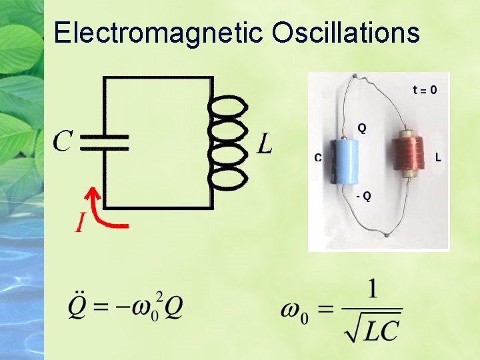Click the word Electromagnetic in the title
click(160, 33)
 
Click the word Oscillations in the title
click(346, 33)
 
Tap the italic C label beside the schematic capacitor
click(63, 140)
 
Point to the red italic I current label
click(79, 223)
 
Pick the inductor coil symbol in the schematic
click(229, 142)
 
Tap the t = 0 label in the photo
click(425, 89)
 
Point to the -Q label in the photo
click(363, 196)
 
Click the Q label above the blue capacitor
click(361, 127)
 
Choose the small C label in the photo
click(318, 158)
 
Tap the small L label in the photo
click(438, 158)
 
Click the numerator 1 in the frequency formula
click(371, 289)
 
